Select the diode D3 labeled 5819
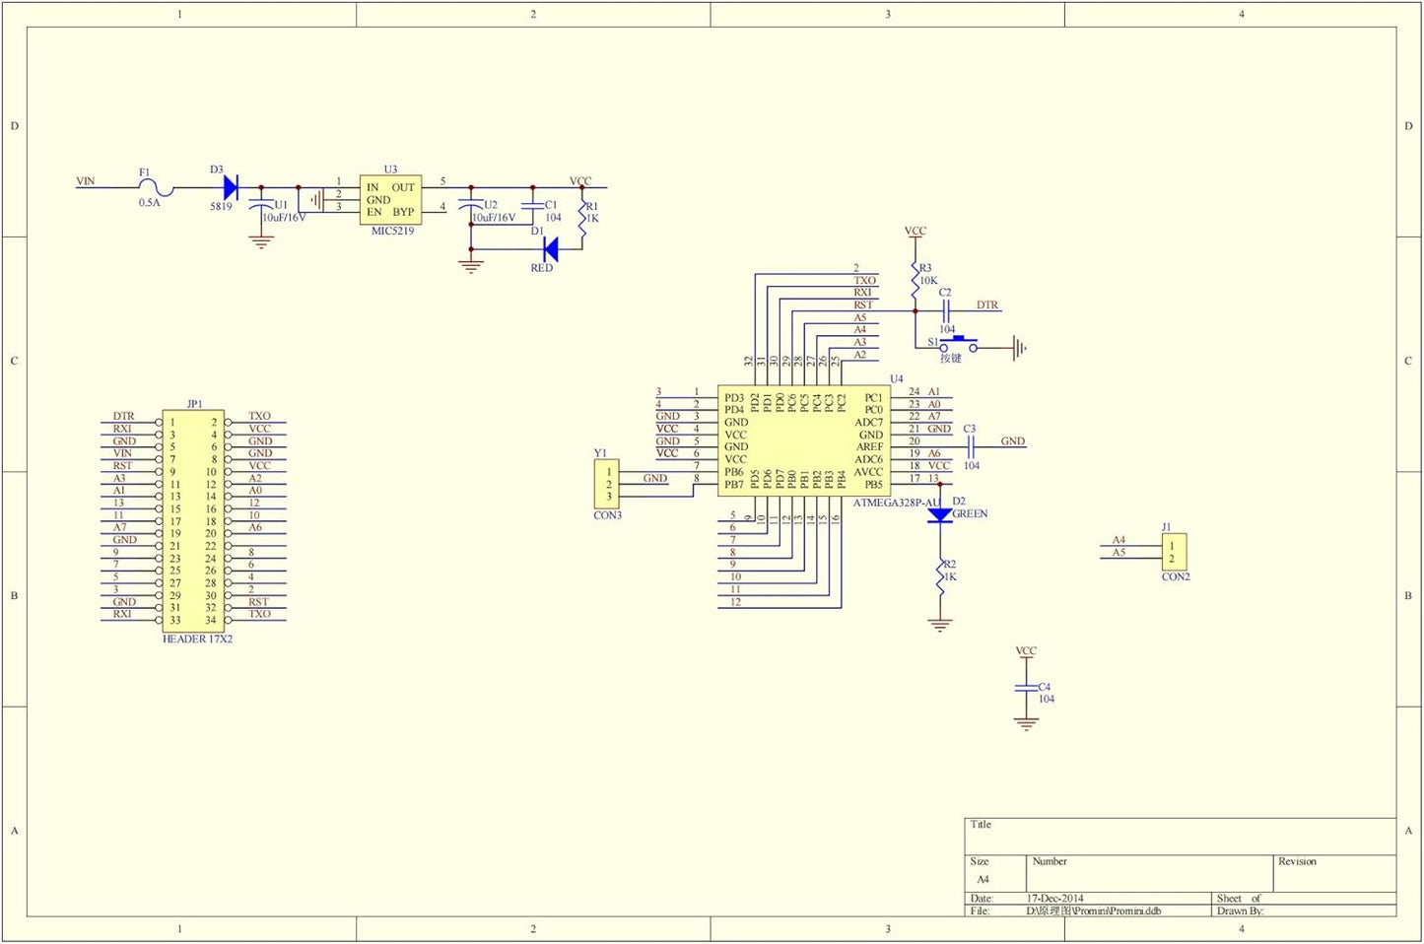231,186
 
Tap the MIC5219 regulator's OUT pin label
403,187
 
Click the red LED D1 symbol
550,249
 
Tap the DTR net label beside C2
986,305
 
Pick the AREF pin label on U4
869,446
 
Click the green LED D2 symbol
940,514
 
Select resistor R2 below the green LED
940,576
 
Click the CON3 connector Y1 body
608,484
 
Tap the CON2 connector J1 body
1173,552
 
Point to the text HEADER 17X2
197,639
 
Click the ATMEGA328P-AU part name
896,503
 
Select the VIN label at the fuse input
86,181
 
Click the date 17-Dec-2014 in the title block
1054,899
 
